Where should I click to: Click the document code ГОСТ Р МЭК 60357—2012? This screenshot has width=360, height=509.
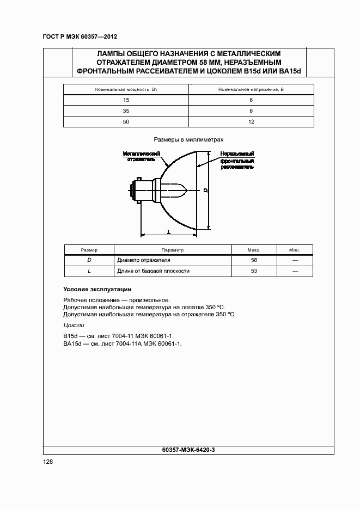80,36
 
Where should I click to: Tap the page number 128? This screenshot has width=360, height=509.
48,461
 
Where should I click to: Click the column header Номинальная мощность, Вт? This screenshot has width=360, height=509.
126,89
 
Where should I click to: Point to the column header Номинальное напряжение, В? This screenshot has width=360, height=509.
251,89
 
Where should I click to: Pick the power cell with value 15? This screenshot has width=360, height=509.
126,100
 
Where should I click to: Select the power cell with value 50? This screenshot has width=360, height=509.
126,122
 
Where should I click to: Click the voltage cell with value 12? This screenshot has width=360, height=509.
251,122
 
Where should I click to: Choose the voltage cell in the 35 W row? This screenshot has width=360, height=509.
251,111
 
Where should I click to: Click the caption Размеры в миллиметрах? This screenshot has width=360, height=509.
188,139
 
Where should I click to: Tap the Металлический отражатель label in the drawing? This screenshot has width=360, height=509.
141,157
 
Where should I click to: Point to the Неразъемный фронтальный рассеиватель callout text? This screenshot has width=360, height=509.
237,161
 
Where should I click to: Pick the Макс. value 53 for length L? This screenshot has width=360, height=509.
254,271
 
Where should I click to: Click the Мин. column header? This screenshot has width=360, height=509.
295,250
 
